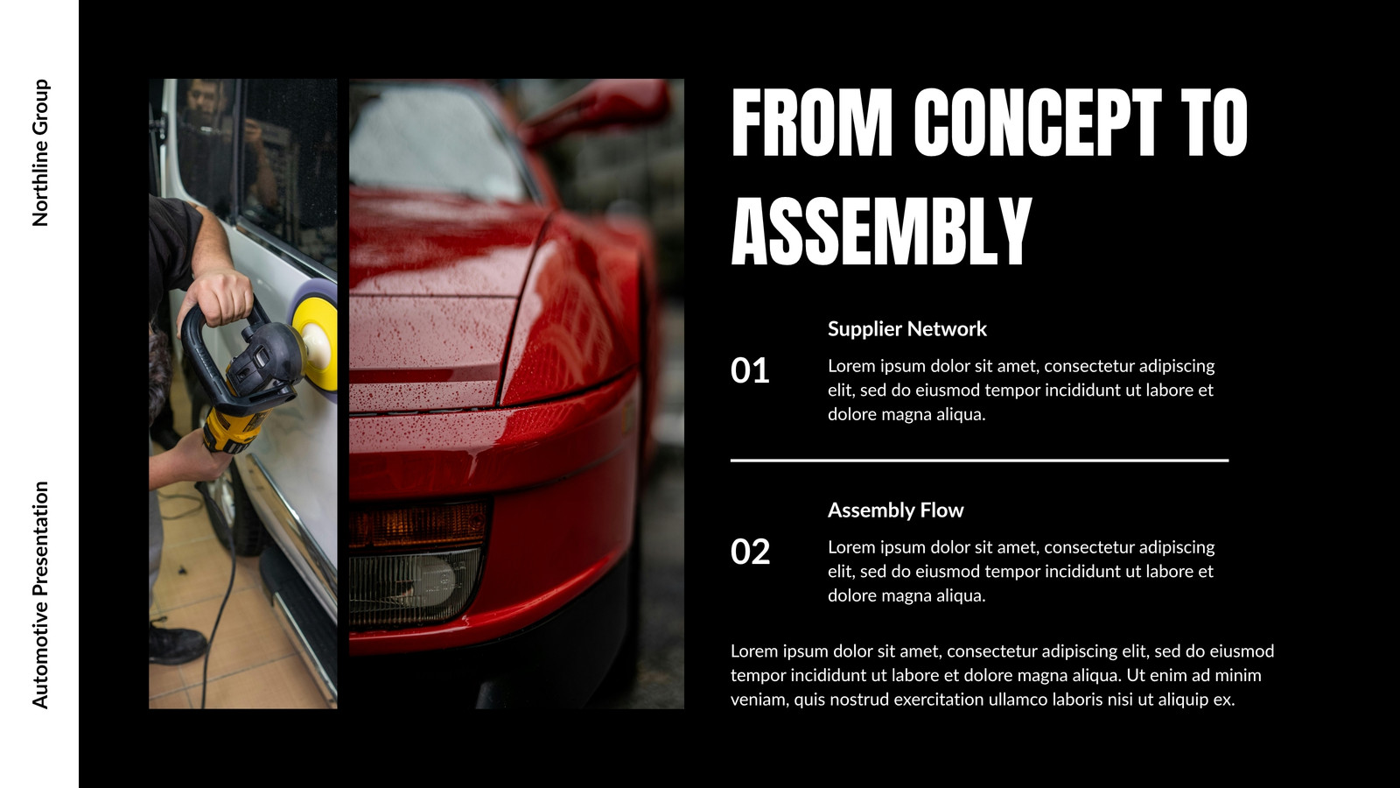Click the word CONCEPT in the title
[1038, 122]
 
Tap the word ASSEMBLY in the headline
[881, 231]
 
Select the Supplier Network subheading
[906, 329]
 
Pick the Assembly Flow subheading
[896, 510]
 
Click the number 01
[749, 370]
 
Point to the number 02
[750, 552]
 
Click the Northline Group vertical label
[40, 152]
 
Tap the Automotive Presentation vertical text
[40, 595]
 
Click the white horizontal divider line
[979, 461]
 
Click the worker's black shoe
[176, 642]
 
